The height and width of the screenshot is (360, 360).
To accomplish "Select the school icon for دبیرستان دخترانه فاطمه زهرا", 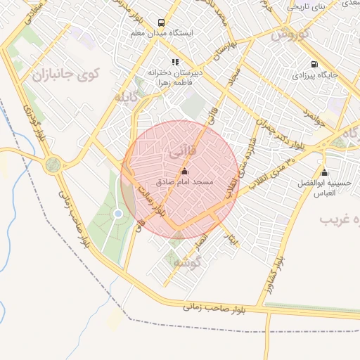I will [x=175, y=62].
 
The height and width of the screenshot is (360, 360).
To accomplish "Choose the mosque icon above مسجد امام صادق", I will [x=185, y=171].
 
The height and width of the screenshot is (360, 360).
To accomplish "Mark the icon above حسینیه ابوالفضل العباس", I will [x=324, y=173].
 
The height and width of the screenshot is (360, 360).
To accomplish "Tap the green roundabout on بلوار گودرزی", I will [x=52, y=165].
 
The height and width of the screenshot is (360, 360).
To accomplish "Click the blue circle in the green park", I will [x=118, y=213].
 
